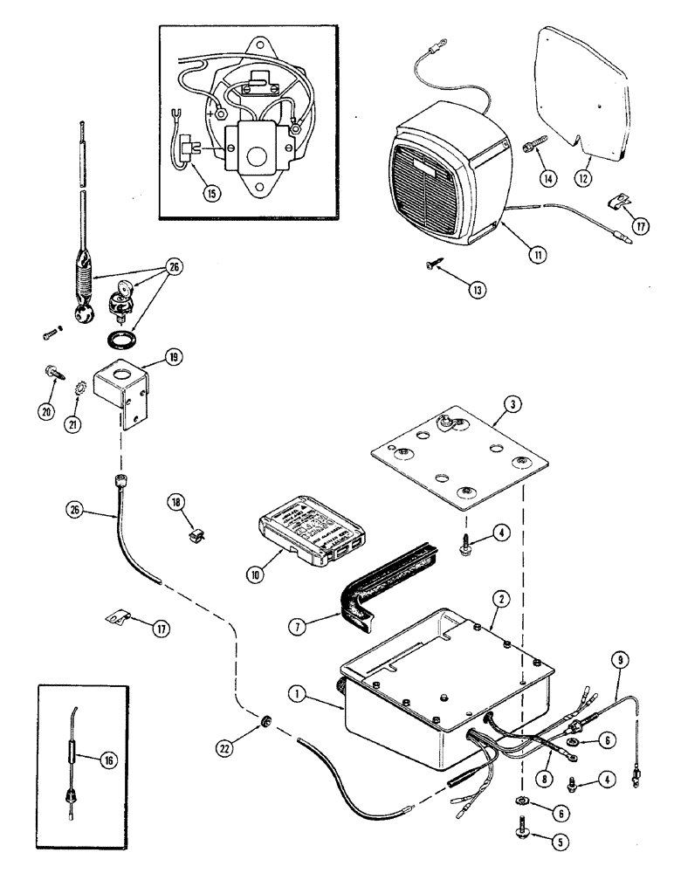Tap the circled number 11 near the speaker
pyautogui.click(x=533, y=254)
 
